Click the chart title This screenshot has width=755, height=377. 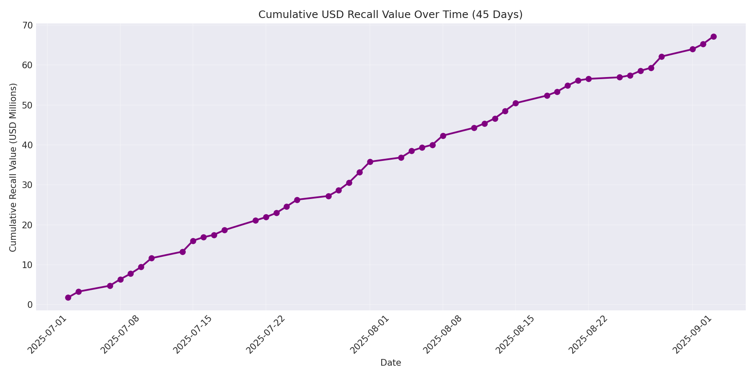pyautogui.click(x=390, y=15)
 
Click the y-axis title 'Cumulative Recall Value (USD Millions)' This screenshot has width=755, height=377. pyautogui.click(x=13, y=168)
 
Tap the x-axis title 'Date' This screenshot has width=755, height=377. pyautogui.click(x=391, y=363)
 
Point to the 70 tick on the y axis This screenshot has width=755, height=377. pyautogui.click(x=27, y=26)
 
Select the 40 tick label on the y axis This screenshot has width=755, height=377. pyautogui.click(x=27, y=145)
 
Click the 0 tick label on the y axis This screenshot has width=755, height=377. pyautogui.click(x=30, y=305)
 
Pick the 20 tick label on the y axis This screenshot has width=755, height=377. pyautogui.click(x=27, y=225)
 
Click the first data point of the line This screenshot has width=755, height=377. pyautogui.click(x=68, y=297)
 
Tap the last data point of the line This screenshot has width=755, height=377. pyautogui.click(x=713, y=36)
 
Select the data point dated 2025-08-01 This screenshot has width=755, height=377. pyautogui.click(x=370, y=162)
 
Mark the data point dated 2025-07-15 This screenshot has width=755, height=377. pyautogui.click(x=193, y=241)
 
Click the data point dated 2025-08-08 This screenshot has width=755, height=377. pyautogui.click(x=443, y=136)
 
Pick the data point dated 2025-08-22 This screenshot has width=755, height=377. pyautogui.click(x=588, y=79)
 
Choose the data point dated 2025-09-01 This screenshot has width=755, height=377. pyautogui.click(x=693, y=49)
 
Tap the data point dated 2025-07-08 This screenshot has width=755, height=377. pyautogui.click(x=120, y=279)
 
